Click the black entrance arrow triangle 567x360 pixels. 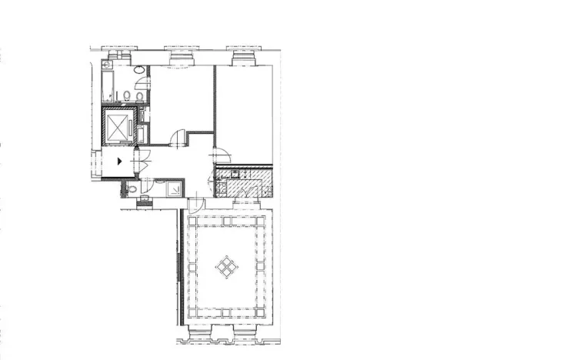[120, 161]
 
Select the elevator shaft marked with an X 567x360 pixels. [118, 126]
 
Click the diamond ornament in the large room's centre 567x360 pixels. [226, 267]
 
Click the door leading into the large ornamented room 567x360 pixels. [197, 205]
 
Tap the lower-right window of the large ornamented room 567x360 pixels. [249, 332]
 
